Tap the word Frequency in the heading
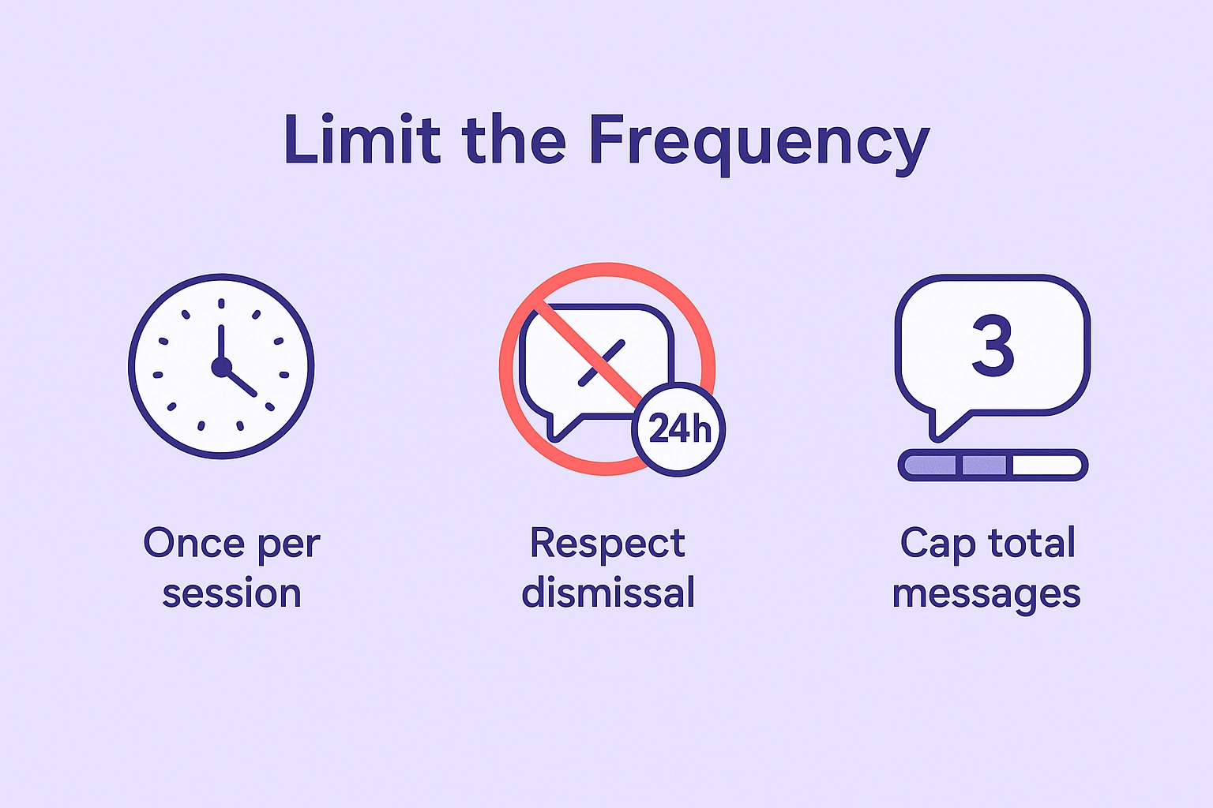(759, 142)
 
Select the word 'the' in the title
(514, 140)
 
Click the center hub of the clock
(221, 367)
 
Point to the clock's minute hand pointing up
(221, 343)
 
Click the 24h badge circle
(679, 429)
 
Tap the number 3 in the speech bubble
(993, 346)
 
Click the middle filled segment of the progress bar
(984, 465)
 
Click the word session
(231, 593)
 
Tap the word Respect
(607, 544)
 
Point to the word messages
(986, 594)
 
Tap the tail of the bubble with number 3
(944, 425)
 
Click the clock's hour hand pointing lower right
(241, 383)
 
